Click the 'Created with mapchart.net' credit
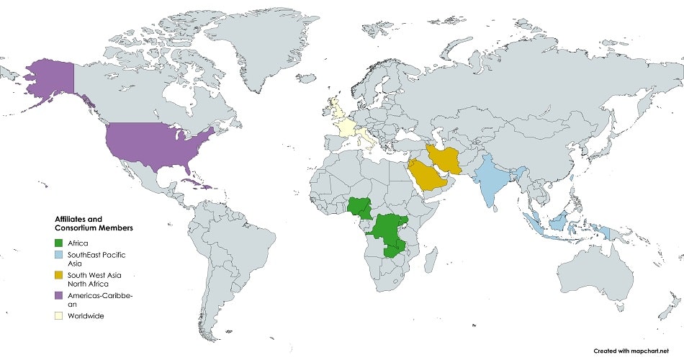[x=636, y=351]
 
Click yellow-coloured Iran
[x=448, y=159]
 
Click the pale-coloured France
[x=348, y=130]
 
